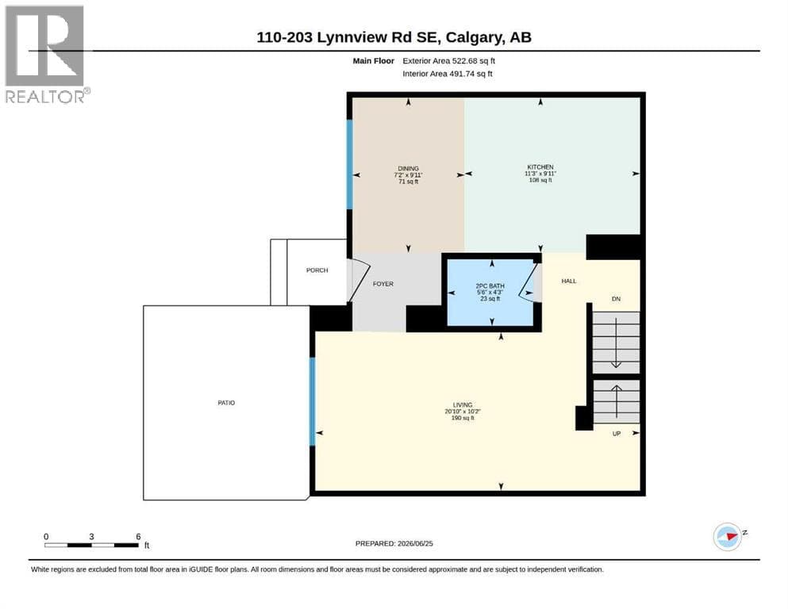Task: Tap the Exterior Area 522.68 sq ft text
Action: click(449, 61)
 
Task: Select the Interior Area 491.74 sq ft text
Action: click(448, 74)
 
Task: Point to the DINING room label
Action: click(408, 169)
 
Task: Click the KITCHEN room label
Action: click(540, 167)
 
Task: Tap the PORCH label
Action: click(317, 270)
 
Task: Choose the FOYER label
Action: click(383, 284)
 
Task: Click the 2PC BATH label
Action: click(490, 286)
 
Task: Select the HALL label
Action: click(569, 282)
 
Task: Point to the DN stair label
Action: click(616, 299)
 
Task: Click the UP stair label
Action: click(617, 433)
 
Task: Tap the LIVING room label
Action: click(463, 404)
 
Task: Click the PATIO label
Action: click(226, 403)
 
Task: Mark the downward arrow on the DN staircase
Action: click(616, 343)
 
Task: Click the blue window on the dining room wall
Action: click(350, 164)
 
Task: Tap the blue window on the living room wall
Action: click(312, 401)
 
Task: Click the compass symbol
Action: click(728, 537)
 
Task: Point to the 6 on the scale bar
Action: click(138, 537)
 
